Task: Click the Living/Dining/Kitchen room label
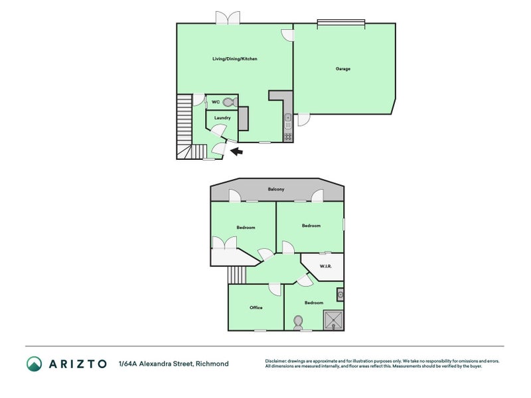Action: point(234,59)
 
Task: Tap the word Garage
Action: point(342,69)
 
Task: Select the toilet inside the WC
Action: point(228,102)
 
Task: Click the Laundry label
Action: point(222,118)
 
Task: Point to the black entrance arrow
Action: point(236,152)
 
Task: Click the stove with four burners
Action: point(287,137)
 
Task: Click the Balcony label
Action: point(276,190)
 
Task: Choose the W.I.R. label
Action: point(325,267)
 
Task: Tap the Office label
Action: point(256,308)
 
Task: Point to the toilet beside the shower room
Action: point(298,322)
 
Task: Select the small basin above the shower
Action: point(340,294)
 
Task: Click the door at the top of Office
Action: point(275,289)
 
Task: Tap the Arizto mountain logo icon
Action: point(34,364)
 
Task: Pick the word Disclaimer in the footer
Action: point(279,362)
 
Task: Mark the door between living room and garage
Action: point(287,35)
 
